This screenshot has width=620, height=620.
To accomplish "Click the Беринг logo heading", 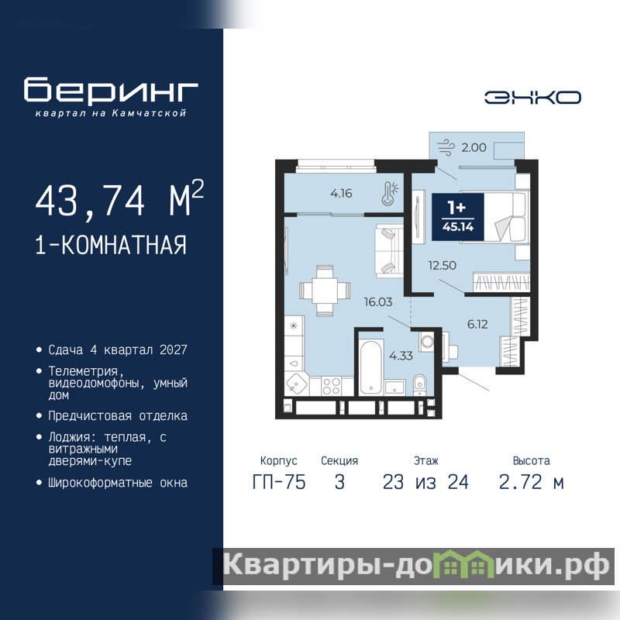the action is (111, 90).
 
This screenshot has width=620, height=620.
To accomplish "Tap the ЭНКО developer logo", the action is (532, 98).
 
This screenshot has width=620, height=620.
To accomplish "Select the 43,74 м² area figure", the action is (120, 199).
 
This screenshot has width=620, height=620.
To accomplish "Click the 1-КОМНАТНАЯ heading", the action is (111, 245).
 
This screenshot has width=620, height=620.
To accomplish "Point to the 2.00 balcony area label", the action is (474, 147).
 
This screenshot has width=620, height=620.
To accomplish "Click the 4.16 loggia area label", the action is (341, 193).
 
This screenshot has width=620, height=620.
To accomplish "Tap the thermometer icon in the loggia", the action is (390, 193).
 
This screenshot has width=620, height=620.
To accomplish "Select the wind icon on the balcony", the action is (446, 147).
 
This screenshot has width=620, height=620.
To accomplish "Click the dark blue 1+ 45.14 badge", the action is (458, 217).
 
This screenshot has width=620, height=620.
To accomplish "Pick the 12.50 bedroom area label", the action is (442, 265).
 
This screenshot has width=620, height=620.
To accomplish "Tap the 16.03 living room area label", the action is (378, 302).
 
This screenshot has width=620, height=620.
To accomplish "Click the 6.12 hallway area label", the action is (477, 324).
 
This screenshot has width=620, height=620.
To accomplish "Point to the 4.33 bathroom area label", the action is (401, 356).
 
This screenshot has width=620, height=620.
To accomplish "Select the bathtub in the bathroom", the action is (371, 366).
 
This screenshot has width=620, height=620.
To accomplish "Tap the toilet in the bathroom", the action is (419, 384).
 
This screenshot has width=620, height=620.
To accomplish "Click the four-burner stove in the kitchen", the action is (332, 386).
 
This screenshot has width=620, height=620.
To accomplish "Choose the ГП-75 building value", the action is (279, 482).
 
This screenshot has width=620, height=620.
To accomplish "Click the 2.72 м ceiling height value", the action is (531, 482).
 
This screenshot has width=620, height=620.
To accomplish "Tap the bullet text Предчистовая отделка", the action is (118, 416).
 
